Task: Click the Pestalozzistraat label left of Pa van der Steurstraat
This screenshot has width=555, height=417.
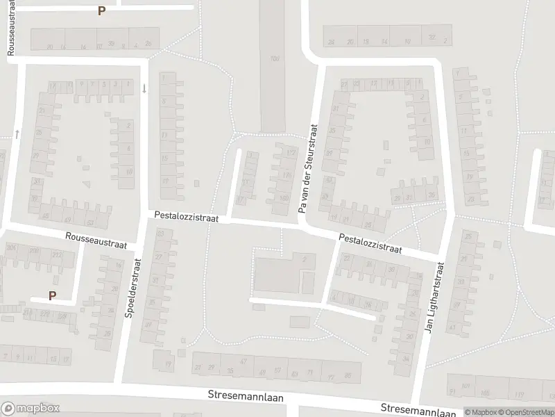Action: pos(187,218)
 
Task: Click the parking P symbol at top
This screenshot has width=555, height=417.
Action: pos(101,11)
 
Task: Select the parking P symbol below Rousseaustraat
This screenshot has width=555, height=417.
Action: pos(52,295)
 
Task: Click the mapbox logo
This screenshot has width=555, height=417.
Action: pos(31,408)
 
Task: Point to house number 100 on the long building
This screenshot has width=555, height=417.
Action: pos(276,58)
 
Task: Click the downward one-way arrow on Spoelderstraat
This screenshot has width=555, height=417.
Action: pos(144,88)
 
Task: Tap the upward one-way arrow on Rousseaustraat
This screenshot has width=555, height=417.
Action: pos(17,133)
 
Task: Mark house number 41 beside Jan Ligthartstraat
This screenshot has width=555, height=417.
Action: pos(452,327)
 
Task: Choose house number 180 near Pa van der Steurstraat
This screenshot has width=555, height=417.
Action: pos(284,197)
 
